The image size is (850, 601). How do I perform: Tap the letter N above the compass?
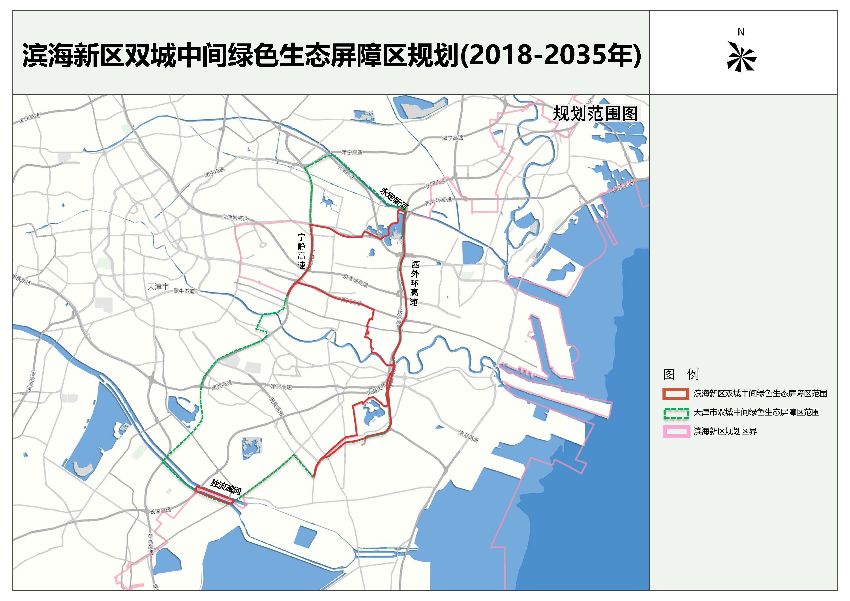pyautogui.click(x=741, y=32)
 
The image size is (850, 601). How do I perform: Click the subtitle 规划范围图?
pyautogui.click(x=595, y=114)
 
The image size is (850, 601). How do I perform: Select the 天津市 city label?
pyautogui.click(x=158, y=287)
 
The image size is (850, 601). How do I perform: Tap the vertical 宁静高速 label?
pyautogui.click(x=302, y=251)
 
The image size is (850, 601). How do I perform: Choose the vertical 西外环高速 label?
pyautogui.click(x=415, y=283)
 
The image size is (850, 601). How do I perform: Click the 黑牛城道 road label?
pyautogui.click(x=184, y=291)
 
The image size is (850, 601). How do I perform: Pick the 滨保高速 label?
pyautogui.click(x=30, y=118)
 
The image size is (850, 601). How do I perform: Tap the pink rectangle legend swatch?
pyautogui.click(x=676, y=431)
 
